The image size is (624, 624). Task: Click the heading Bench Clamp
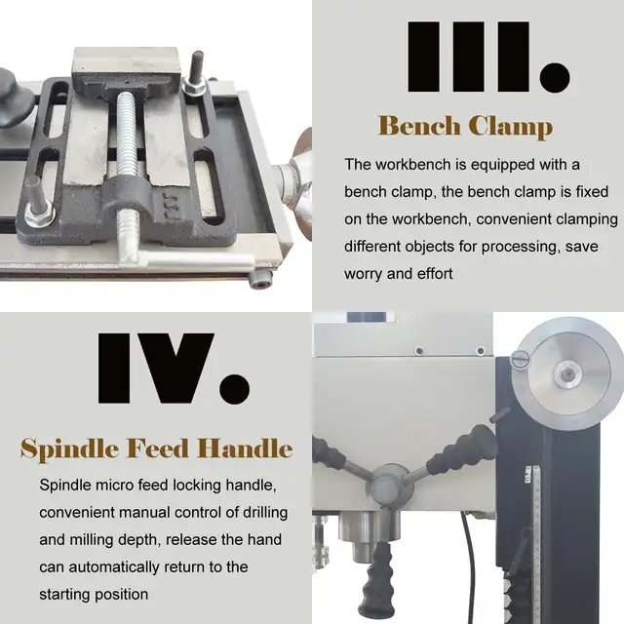[x=465, y=126]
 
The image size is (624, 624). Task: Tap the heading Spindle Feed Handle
[x=156, y=448]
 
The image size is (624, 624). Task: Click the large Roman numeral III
[x=469, y=57]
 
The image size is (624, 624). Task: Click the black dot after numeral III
[x=555, y=77]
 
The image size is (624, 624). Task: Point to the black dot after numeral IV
[x=235, y=389]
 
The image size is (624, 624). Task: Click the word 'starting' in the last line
[x=64, y=595]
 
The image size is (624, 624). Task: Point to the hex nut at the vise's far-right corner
[x=195, y=86]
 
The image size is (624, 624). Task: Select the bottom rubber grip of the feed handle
[x=376, y=581]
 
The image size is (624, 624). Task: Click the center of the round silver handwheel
[x=568, y=374]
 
